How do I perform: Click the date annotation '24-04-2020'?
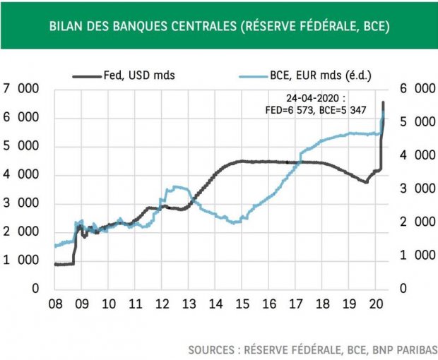(x=321, y=98)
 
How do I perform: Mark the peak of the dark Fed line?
(x=384, y=103)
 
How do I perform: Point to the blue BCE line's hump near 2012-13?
(x=175, y=187)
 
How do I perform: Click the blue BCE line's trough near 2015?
(x=235, y=222)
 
